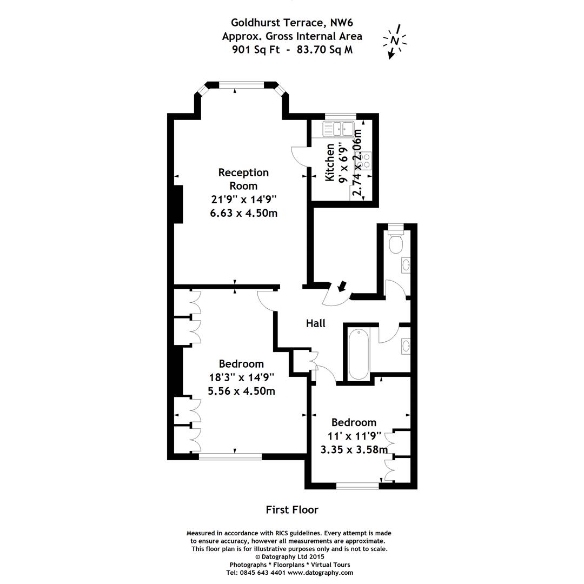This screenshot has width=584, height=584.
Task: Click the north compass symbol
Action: (395, 41)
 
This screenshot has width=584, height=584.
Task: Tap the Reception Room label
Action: (243, 179)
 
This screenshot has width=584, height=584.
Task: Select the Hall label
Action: (316, 323)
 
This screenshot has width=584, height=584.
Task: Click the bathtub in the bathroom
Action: (359, 355)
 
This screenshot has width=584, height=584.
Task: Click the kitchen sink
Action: (338, 129)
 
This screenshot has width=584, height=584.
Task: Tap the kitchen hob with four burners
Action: (364, 160)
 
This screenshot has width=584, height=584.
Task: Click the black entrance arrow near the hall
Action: (342, 286)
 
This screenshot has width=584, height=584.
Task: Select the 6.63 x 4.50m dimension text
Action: (243, 213)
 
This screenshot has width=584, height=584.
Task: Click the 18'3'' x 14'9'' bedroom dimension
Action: (242, 377)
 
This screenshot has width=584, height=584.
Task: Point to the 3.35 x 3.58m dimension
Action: (354, 449)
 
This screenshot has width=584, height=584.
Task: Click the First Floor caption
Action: (292, 509)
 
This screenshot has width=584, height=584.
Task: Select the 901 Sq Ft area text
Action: (256, 50)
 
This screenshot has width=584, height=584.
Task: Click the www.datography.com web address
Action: (324, 572)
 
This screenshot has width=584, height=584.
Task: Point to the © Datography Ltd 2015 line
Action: (289, 556)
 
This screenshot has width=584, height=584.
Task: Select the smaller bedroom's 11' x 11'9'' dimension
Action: (354, 435)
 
